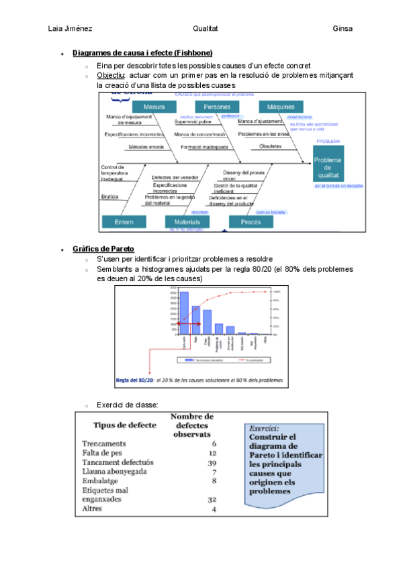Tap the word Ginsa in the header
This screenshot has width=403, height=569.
pyautogui.click(x=343, y=29)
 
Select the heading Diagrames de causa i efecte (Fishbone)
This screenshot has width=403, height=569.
pyautogui.click(x=142, y=53)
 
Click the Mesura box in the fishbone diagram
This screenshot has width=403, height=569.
pyautogui.click(x=154, y=107)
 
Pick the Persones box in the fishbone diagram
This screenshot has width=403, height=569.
pyautogui.click(x=217, y=107)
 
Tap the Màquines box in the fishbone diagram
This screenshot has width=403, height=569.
pyautogui.click(x=280, y=107)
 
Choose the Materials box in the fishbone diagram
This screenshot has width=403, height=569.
pyautogui.click(x=183, y=221)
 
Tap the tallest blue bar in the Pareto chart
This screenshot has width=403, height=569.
pyautogui.click(x=184, y=313)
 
